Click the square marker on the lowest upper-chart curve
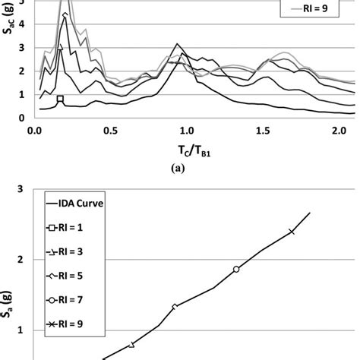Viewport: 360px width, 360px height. coord(61,99)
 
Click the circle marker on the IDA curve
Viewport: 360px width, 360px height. coord(236,270)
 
